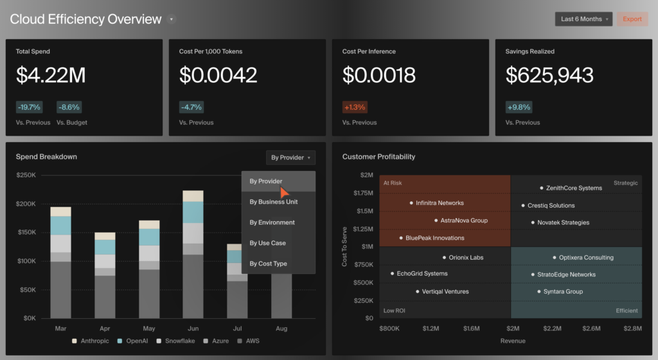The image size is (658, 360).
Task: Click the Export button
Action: pos(632,19)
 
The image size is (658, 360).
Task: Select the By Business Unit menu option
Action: pos(273,202)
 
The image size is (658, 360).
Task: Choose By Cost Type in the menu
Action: pos(268,264)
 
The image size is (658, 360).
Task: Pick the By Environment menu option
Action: pos(272,222)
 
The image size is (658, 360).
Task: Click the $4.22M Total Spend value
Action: pos(51,76)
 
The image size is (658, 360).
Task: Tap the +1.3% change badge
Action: pos(355,107)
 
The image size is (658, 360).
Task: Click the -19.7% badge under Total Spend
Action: pos(29,107)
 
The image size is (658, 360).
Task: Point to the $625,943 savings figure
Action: pos(549,76)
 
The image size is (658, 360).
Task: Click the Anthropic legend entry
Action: pos(91,341)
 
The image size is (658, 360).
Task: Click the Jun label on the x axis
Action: pos(193,328)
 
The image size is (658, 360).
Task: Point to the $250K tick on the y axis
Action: pos(26,175)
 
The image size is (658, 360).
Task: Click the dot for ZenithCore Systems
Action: pos(542,188)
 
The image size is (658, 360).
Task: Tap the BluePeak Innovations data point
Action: pos(401,238)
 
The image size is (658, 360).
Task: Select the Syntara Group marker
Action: pos(539,292)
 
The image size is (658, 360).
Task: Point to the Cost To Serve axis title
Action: pos(345,246)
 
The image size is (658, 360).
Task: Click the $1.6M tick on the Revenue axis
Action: pos(471,328)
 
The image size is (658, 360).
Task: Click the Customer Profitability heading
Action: pos(378,157)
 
